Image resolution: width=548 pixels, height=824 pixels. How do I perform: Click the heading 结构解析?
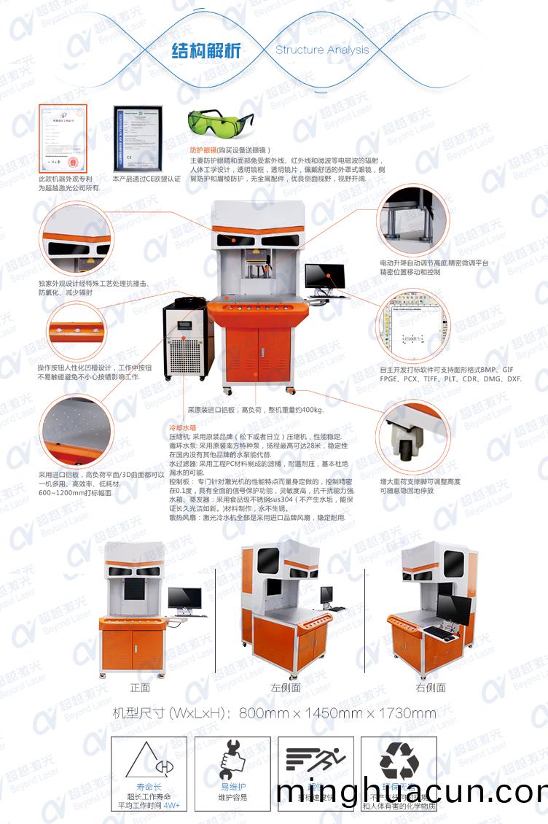(x=205, y=51)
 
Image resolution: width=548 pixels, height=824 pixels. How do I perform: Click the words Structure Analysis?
(x=322, y=50)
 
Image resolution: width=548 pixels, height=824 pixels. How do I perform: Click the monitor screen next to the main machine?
(x=324, y=276)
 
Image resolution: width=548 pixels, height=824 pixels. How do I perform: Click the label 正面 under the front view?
(x=140, y=688)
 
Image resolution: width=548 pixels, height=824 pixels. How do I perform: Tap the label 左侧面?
(x=286, y=688)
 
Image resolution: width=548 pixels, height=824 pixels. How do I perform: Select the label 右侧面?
(x=431, y=688)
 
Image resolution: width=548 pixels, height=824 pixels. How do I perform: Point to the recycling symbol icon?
(x=399, y=761)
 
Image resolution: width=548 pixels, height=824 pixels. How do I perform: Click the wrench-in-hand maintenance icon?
(x=233, y=761)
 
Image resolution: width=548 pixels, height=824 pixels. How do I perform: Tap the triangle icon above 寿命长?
(x=149, y=763)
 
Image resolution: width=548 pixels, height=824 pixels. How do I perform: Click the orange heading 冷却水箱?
(x=183, y=427)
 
